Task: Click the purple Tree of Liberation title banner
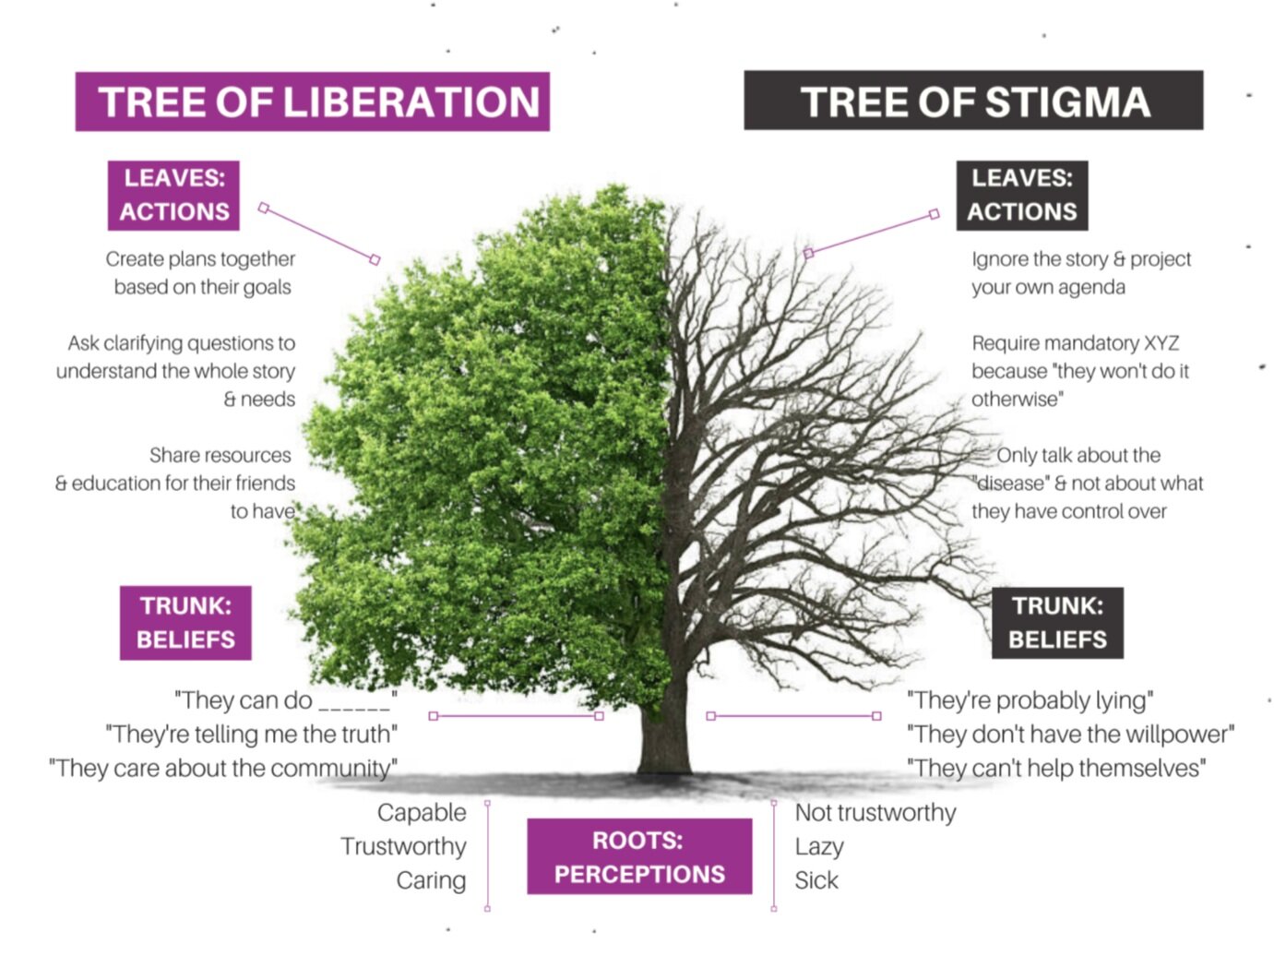point(313,102)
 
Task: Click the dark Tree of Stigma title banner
point(973,101)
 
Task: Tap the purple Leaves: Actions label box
point(173,195)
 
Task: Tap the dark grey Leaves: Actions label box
point(1021,195)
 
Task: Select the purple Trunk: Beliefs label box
point(185,622)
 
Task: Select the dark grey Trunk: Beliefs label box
point(1057,622)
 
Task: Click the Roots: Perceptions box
point(639,856)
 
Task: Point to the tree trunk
point(664,729)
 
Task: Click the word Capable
point(422,813)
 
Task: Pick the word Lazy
point(819,846)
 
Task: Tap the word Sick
point(816,880)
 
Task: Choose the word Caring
point(431,880)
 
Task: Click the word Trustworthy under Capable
point(403,846)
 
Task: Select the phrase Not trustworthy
point(875,813)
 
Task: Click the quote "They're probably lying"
point(1030,700)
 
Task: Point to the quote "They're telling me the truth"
point(251,735)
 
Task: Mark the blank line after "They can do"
point(354,703)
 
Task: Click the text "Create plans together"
point(200,259)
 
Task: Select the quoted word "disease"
point(1011,484)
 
